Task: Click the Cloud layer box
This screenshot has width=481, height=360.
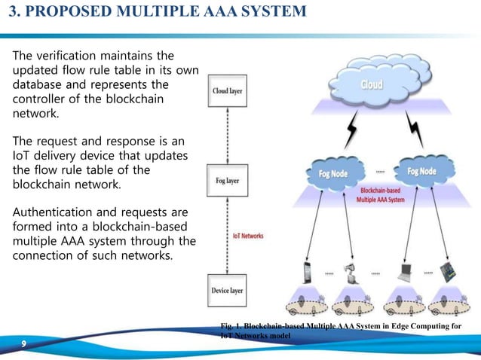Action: click(x=227, y=90)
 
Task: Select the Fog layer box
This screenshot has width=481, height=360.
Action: click(x=226, y=181)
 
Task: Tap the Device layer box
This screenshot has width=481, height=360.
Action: click(x=227, y=289)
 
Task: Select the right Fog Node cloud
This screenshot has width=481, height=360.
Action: click(x=421, y=171)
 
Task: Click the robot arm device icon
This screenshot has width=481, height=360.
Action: click(x=348, y=273)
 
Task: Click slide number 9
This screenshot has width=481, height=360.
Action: click(x=25, y=344)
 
